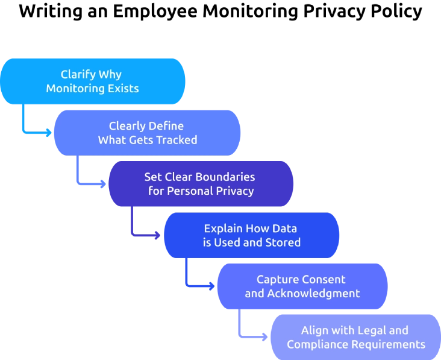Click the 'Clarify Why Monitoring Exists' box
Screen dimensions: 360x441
tap(92, 81)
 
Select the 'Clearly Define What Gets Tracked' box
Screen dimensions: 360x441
tap(146, 133)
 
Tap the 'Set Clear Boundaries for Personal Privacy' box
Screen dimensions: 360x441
tap(200, 184)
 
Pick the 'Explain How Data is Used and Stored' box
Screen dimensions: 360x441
tap(251, 235)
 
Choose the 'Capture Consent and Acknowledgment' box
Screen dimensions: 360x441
tap(301, 286)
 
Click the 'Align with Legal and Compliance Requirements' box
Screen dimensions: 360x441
tap(355, 337)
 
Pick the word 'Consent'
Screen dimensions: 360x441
tap(325, 280)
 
